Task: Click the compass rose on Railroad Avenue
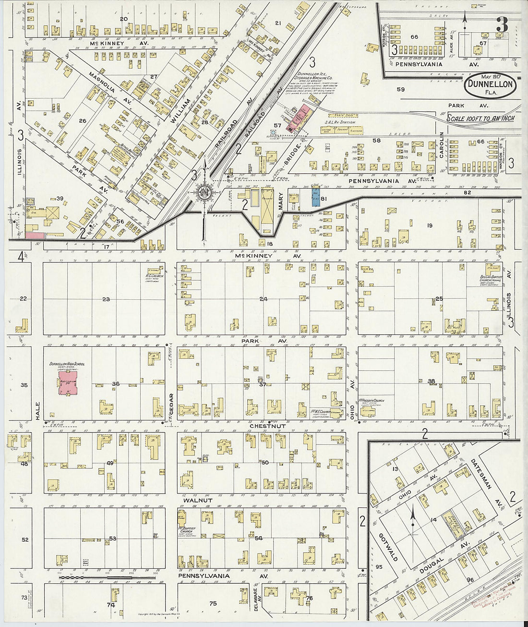pos(204,193)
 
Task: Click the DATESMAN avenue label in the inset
pos(484,473)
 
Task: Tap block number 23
pos(106,299)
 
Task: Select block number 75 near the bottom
pos(213,603)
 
